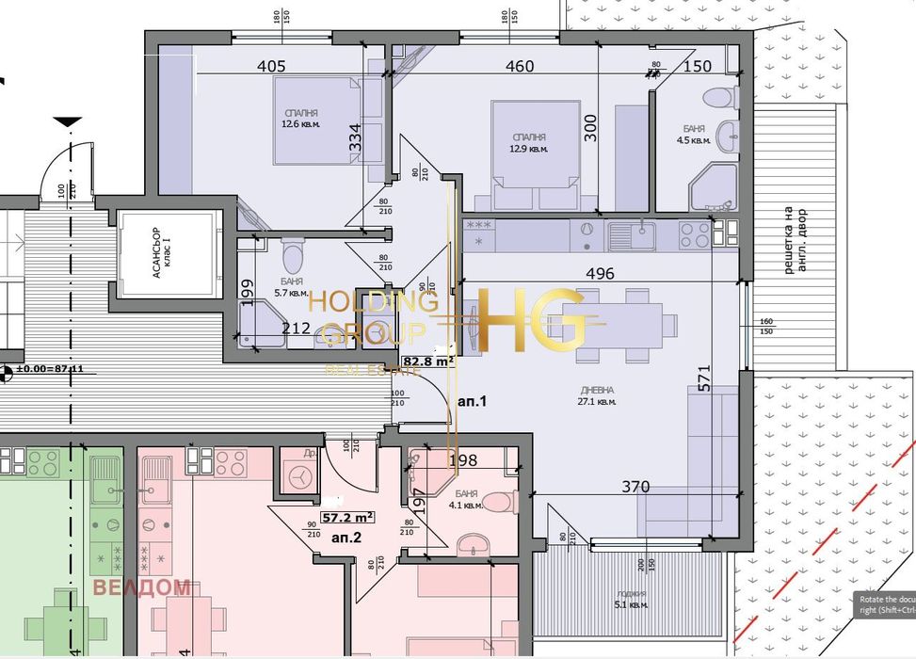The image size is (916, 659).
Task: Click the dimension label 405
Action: tap(270, 67)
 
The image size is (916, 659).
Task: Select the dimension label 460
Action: tap(520, 67)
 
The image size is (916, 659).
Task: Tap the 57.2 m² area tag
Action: tap(348, 517)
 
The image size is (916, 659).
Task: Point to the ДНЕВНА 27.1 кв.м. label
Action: tap(598, 395)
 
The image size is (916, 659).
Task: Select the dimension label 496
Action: tap(599, 274)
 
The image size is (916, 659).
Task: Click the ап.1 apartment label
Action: tap(472, 401)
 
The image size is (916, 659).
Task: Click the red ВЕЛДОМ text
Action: tap(141, 588)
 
